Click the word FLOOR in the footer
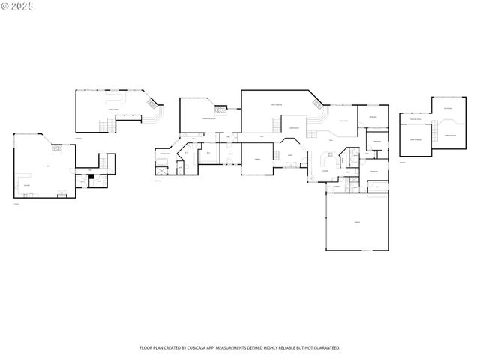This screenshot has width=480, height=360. (x=146, y=348)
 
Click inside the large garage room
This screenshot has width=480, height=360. (x=358, y=222)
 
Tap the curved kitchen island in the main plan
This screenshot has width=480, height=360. (x=328, y=160)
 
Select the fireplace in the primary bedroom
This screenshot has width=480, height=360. (x=222, y=107)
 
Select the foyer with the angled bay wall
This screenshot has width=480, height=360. (x=291, y=154)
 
